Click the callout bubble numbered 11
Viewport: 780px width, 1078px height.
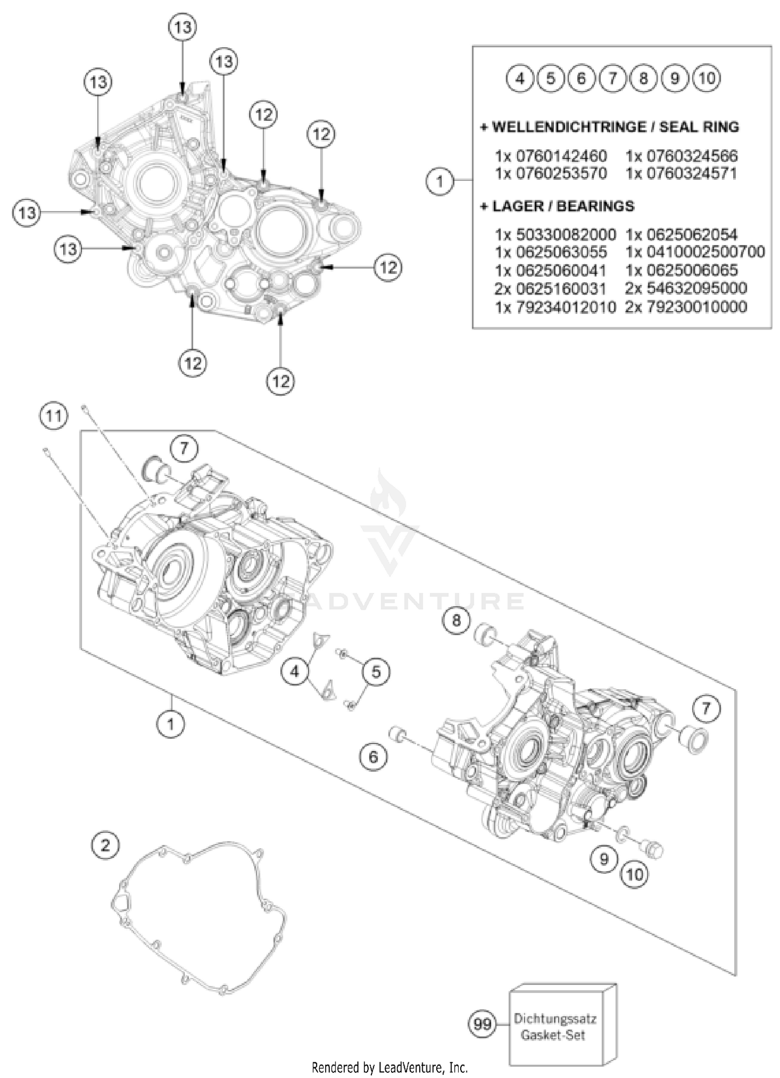(54, 416)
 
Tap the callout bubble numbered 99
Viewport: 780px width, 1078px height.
(482, 1024)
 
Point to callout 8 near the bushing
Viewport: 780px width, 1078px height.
(456, 620)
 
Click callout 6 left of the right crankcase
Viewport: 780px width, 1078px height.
(373, 756)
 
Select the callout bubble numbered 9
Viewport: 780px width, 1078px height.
(604, 858)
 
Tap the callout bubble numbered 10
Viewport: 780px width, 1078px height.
(635, 874)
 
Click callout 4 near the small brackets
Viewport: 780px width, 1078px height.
(295, 672)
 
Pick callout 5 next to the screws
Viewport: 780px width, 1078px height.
(376, 672)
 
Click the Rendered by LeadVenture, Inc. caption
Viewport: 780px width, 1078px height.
(390, 1068)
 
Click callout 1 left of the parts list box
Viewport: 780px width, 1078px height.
(440, 181)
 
